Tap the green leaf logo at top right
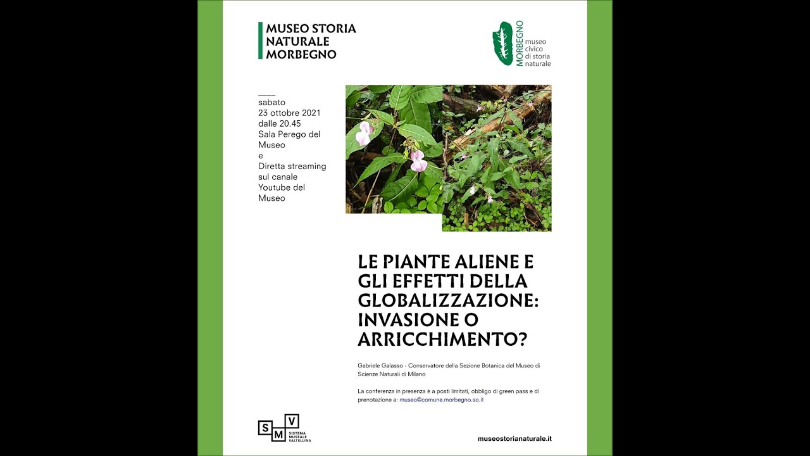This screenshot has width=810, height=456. click(x=503, y=43)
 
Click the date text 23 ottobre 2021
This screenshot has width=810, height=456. click(x=289, y=113)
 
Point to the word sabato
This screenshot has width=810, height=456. click(x=271, y=102)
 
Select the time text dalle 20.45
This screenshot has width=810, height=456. click(x=279, y=123)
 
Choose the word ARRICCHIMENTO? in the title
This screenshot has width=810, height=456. click(x=442, y=339)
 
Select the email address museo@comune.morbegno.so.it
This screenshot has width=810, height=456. click(x=441, y=400)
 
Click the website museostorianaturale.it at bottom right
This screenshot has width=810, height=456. click(x=514, y=438)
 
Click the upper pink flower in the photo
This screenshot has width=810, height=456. click(x=363, y=133)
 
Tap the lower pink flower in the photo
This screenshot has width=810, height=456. click(x=418, y=161)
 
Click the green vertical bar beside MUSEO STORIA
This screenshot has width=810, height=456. click(x=260, y=41)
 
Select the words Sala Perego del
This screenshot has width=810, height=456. click(x=289, y=134)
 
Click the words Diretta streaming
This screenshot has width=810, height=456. click(x=292, y=167)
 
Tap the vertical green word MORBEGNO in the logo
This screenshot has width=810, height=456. click(x=520, y=43)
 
